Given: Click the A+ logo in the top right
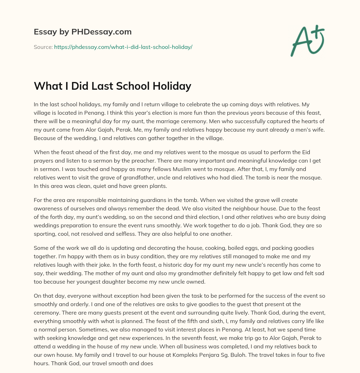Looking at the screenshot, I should (x=307, y=41).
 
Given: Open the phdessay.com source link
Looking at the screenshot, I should (x=123, y=47).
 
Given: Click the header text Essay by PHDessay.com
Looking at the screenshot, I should (x=83, y=32).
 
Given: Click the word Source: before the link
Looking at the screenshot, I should (x=43, y=47).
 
